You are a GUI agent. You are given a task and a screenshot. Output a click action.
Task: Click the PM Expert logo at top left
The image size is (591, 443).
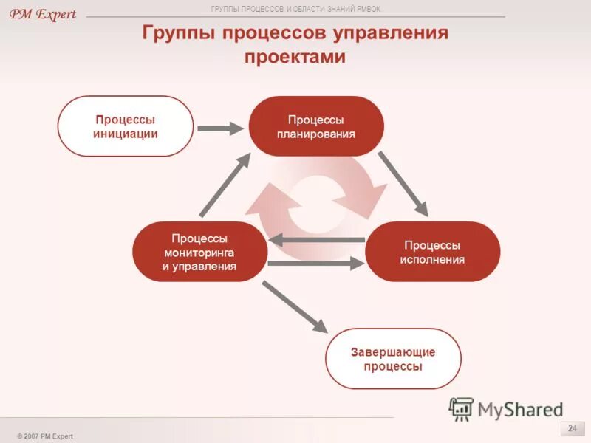click(43, 15)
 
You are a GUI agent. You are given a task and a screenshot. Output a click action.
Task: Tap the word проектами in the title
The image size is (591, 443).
click(295, 57)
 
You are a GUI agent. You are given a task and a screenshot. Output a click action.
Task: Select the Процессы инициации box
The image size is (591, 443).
click(126, 126)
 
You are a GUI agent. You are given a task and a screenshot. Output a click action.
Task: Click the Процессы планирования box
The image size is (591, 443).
click(316, 126)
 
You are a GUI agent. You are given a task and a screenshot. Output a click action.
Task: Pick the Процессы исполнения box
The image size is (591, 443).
click(432, 252)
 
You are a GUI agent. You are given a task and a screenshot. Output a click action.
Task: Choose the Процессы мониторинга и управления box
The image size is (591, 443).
click(199, 252)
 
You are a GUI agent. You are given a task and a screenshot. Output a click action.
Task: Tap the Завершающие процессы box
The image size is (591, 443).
click(393, 359)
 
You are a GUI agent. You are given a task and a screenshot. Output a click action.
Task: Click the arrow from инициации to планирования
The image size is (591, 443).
click(219, 128)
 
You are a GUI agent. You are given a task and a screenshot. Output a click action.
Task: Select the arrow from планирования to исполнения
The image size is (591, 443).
click(403, 184)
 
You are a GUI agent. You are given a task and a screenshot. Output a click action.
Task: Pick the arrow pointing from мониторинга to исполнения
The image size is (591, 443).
click(316, 263)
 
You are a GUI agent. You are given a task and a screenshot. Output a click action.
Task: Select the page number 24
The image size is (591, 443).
click(571, 429)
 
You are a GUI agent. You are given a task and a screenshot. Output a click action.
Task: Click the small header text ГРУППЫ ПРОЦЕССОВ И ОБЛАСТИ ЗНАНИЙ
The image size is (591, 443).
click(295, 9)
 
